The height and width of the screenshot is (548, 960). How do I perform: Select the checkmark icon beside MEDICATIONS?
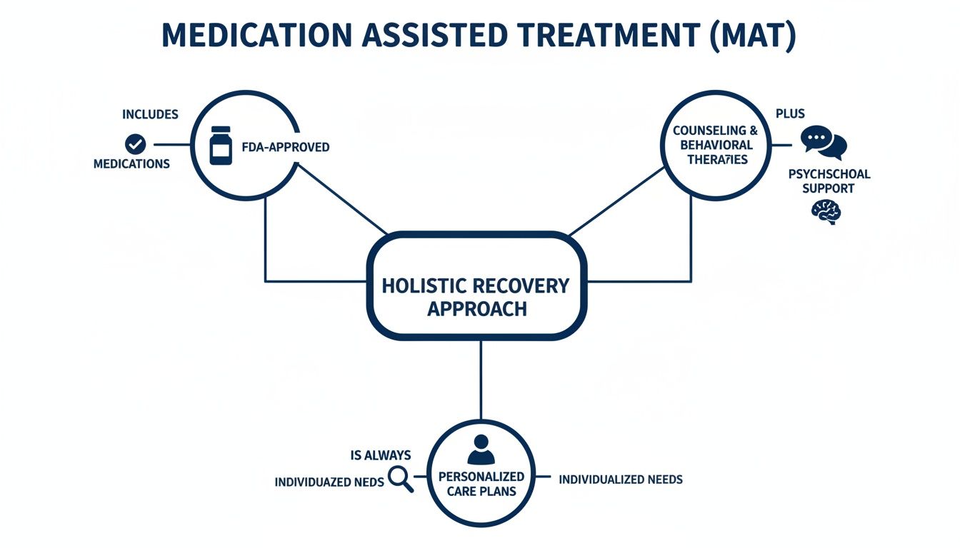134,145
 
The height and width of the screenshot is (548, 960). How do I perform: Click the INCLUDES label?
150,114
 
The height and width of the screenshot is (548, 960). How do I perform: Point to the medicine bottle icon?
221,146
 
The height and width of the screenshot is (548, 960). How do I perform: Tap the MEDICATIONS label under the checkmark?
131,164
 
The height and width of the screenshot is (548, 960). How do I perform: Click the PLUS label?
790,114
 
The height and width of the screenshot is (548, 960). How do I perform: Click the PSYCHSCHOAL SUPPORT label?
829,181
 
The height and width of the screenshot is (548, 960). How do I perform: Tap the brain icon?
826,211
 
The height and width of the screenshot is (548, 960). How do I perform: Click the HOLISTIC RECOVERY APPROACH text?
476,297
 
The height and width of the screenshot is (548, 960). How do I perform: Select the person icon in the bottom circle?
480,450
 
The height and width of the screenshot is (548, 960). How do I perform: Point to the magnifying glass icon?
400,479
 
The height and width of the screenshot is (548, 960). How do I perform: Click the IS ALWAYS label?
381,455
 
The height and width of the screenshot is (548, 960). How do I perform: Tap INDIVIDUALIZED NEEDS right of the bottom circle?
620,479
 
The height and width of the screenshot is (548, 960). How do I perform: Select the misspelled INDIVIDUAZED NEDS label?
329,482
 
